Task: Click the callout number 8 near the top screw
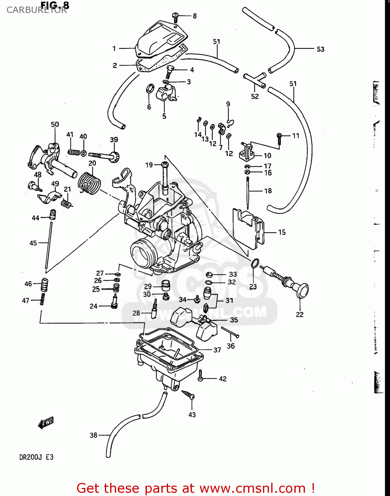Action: click(x=195, y=16)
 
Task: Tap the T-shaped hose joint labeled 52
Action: click(x=255, y=80)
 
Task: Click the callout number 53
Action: click(x=320, y=49)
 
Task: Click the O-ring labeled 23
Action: click(x=254, y=264)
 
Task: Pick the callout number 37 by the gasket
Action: click(x=217, y=350)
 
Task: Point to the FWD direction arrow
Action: click(x=46, y=423)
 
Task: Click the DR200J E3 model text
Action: click(x=36, y=457)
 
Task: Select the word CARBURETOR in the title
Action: click(x=37, y=10)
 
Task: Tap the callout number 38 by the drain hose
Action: click(x=94, y=435)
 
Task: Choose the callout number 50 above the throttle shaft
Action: click(x=55, y=124)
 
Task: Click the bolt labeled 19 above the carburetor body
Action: click(x=165, y=175)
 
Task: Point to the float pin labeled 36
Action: click(x=230, y=332)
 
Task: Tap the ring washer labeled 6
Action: click(x=150, y=89)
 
